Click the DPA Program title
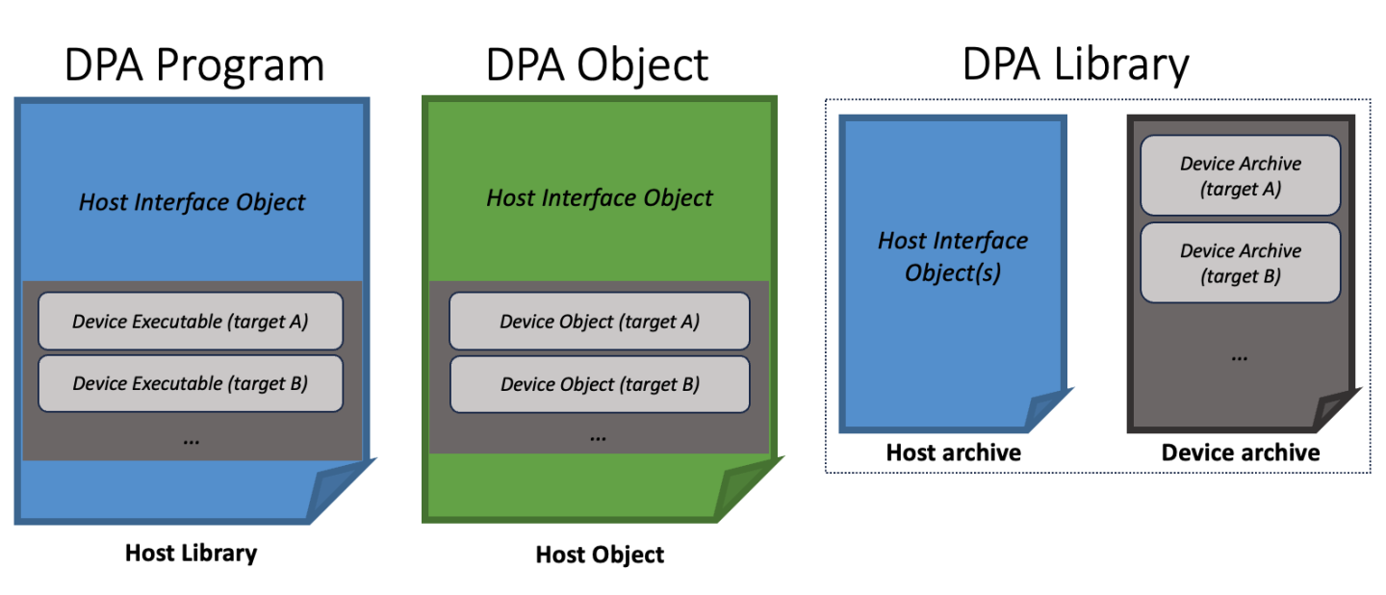coord(193,65)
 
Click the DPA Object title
coord(597,65)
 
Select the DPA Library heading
coord(1075,65)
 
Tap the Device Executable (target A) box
coord(191,322)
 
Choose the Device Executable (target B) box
coord(191,383)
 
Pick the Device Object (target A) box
coord(600,322)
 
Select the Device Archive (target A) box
coord(1240,175)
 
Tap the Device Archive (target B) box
coord(1240,262)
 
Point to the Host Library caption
coord(191,553)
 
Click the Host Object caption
coord(600,555)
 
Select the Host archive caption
coord(953,452)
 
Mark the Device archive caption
coord(1241,452)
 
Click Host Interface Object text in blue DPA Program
coord(192,202)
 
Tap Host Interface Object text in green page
coord(600,198)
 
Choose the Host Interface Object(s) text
coord(953,256)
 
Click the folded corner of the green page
coord(746,491)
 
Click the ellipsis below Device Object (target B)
coord(598,437)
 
